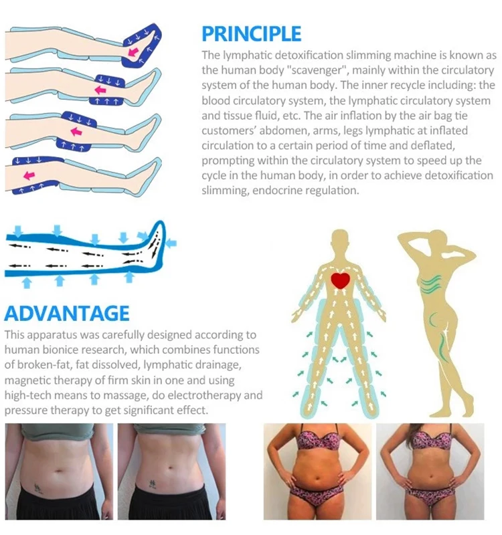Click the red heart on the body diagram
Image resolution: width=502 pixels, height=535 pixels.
point(341,280)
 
